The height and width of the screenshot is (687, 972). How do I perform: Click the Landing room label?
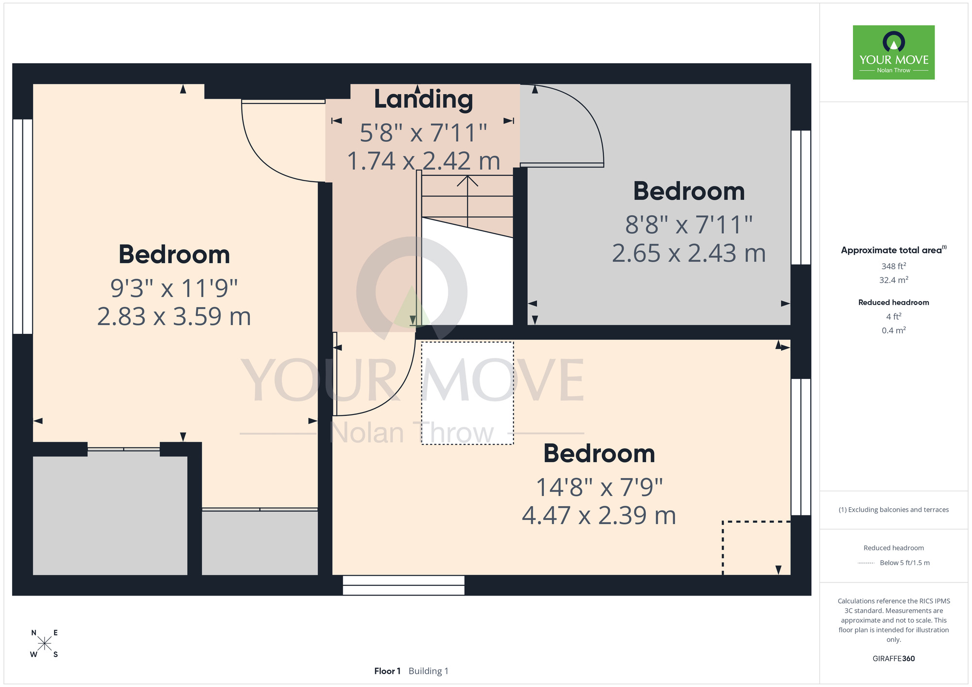point(423,100)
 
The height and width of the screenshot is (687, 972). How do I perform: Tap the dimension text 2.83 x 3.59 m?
point(174,316)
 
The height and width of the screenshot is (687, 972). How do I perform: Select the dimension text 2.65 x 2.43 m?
point(689,253)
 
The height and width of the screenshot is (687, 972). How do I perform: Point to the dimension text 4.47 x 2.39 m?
point(599,515)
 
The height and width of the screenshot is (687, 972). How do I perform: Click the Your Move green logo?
point(894,52)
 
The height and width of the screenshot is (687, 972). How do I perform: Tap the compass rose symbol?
point(44,644)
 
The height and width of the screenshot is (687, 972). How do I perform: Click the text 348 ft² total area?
point(894,266)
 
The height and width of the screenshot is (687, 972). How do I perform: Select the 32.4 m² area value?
point(894,280)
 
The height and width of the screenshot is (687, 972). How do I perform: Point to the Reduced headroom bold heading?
point(894,302)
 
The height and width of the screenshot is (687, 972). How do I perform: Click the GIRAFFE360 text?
point(894,659)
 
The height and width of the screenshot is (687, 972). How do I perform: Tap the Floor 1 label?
point(387,671)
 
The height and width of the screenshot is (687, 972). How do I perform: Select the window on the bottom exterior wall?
point(403,585)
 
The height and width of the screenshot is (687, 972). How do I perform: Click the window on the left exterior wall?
point(22,226)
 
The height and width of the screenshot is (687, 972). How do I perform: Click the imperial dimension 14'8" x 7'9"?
point(599,487)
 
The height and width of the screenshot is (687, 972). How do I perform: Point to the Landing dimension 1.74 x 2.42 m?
point(423,161)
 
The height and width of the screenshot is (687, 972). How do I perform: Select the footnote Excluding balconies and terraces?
point(894,510)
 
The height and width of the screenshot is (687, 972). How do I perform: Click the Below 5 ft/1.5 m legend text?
point(904,563)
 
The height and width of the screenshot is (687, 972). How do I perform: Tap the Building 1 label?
point(429,671)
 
